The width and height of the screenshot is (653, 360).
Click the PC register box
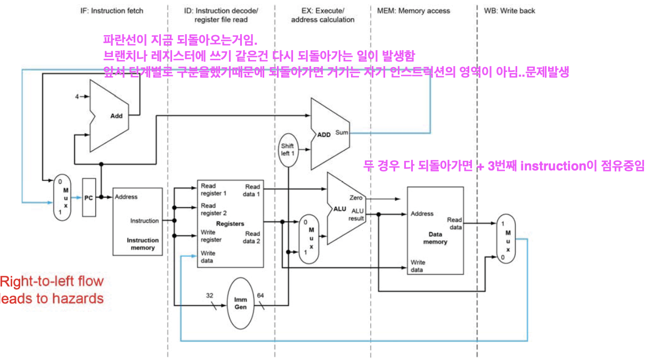tap(89, 198)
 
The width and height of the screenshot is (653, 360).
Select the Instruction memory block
tap(137, 221)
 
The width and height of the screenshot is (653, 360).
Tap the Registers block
tap(230, 224)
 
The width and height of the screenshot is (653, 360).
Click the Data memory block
tap(434, 232)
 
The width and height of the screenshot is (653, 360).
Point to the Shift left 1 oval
tap(288, 150)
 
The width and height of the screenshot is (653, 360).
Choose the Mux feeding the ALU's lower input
tap(307, 238)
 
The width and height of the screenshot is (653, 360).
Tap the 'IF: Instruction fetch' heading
tap(108, 11)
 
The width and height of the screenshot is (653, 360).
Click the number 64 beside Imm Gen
tap(260, 296)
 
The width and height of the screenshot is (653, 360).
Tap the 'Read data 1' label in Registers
tap(252, 190)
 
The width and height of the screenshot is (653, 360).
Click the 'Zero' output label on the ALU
tap(356, 198)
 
